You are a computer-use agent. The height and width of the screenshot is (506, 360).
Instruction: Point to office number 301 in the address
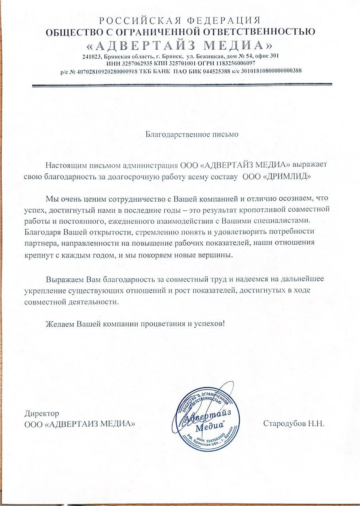273,56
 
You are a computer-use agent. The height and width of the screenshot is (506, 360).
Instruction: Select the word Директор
42,414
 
